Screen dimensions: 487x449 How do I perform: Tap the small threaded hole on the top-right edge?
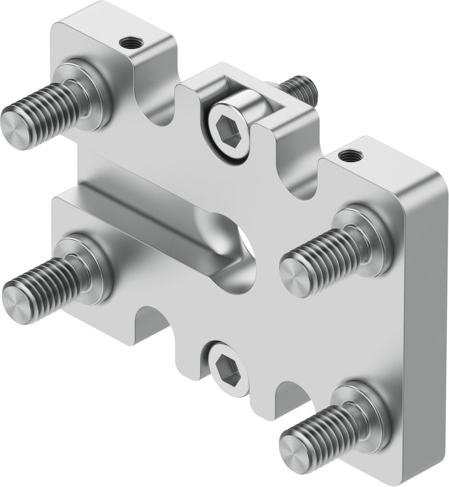(348, 156)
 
